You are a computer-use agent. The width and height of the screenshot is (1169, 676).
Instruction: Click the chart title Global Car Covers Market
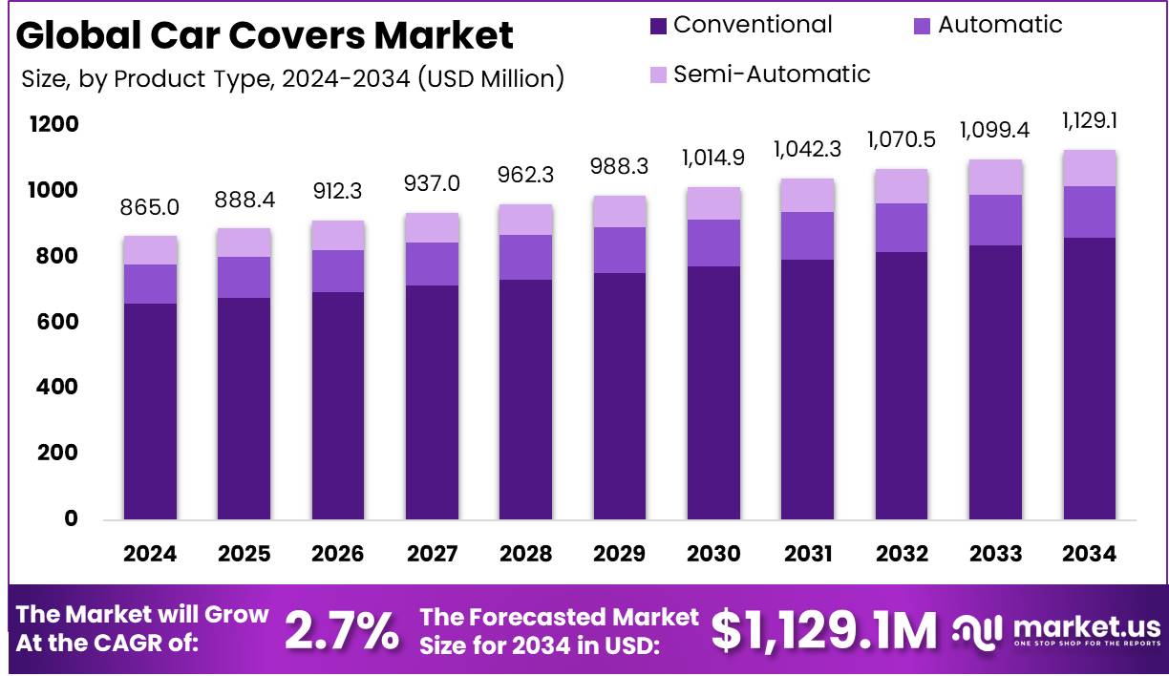pyautogui.click(x=265, y=35)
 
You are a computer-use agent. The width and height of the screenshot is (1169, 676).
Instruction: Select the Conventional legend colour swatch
pyautogui.click(x=658, y=26)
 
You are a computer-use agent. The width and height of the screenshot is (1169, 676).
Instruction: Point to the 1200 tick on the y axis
pyautogui.click(x=53, y=125)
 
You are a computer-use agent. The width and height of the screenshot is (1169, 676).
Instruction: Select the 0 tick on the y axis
pyautogui.click(x=70, y=519)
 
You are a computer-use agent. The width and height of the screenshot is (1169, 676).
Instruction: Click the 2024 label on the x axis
pyautogui.click(x=150, y=554)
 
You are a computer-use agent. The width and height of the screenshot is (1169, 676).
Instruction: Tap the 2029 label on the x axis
pyautogui.click(x=619, y=554)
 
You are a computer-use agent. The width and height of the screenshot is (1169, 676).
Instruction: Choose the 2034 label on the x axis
pyautogui.click(x=1089, y=554)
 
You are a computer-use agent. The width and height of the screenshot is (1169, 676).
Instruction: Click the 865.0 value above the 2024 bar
pyautogui.click(x=150, y=207)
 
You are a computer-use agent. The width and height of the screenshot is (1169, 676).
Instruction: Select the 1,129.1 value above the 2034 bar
pyautogui.click(x=1090, y=121)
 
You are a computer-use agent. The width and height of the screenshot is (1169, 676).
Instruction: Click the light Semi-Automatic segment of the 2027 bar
pyautogui.click(x=432, y=227)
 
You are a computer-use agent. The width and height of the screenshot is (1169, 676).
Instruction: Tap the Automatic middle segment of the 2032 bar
pyautogui.click(x=902, y=227)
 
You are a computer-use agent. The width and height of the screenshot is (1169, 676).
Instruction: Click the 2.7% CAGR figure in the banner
pyautogui.click(x=342, y=631)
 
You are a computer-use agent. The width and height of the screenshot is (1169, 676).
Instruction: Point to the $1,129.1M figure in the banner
pyautogui.click(x=824, y=631)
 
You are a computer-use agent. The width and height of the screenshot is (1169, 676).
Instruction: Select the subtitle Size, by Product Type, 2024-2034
pyautogui.click(x=292, y=78)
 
